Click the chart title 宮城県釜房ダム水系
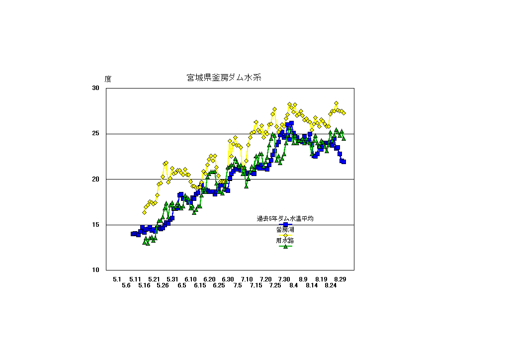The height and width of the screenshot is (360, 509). pyautogui.click(x=224, y=78)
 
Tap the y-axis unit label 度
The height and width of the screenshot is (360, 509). pyautogui.click(x=108, y=79)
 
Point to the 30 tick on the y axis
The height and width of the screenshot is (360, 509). pyautogui.click(x=95, y=88)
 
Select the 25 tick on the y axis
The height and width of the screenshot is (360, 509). pyautogui.click(x=95, y=134)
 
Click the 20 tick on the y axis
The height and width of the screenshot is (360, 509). pyautogui.click(x=95, y=179)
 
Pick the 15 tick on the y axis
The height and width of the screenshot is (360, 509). pyautogui.click(x=95, y=225)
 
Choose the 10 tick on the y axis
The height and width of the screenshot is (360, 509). pyautogui.click(x=95, y=270)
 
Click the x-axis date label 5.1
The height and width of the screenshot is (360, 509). pyautogui.click(x=117, y=279)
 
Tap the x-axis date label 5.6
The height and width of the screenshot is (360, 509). pyautogui.click(x=126, y=285)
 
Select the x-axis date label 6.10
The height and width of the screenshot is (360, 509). pyautogui.click(x=191, y=279)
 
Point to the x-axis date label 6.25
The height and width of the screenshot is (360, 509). pyautogui.click(x=219, y=285)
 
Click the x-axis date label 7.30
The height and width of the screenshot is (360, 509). pyautogui.click(x=284, y=279)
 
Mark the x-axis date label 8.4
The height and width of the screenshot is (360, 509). pyautogui.click(x=293, y=285)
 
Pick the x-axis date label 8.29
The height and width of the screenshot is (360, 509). pyautogui.click(x=340, y=279)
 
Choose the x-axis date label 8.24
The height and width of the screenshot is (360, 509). pyautogui.click(x=331, y=285)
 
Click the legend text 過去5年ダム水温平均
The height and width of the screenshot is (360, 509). pyautogui.click(x=285, y=218)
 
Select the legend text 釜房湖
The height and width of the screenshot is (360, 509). pyautogui.click(x=285, y=230)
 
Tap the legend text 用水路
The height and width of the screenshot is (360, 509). pyautogui.click(x=285, y=241)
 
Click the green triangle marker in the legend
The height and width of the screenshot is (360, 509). pyautogui.click(x=285, y=246)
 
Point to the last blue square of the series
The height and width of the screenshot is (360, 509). pyautogui.click(x=343, y=162)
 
